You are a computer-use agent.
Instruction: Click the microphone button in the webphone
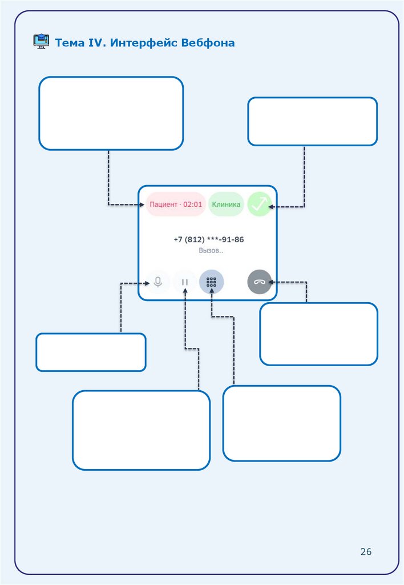[158, 282]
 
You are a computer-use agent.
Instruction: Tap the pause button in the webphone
[185, 282]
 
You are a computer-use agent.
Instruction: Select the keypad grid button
[212, 282]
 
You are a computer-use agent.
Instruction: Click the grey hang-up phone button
[260, 282]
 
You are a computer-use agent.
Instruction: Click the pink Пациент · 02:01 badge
[175, 205]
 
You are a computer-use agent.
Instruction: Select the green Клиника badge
[226, 205]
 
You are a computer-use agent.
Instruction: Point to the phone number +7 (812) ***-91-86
[208, 240]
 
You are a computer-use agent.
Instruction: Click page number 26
[366, 551]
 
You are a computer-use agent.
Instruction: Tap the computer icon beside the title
[41, 42]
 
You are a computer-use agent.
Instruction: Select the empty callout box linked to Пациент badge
[111, 113]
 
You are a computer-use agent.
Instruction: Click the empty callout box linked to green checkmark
[312, 121]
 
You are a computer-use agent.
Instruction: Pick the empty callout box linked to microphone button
[91, 352]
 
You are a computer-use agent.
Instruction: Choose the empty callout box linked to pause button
[141, 430]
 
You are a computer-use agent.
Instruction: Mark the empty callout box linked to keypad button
[281, 423]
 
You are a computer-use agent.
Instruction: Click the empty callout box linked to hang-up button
[318, 334]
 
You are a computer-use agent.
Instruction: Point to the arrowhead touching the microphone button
[146, 282]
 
